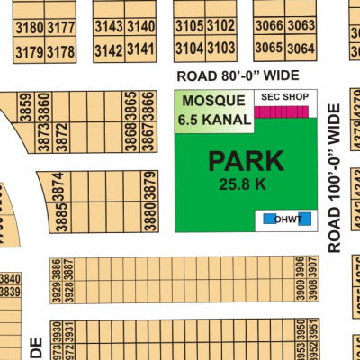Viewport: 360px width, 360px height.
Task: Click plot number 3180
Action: pyautogui.click(x=30, y=28)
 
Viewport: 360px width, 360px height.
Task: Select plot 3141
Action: pyautogui.click(x=140, y=49)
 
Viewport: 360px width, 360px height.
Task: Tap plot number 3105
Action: pyautogui.click(x=190, y=26)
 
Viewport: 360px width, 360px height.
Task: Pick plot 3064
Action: pyautogui.click(x=302, y=48)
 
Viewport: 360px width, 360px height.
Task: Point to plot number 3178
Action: pyautogui.click(x=61, y=51)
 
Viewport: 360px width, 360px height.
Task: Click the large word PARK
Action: pyautogui.click(x=246, y=162)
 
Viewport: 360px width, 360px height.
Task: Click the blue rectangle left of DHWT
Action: pyautogui.click(x=268, y=218)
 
